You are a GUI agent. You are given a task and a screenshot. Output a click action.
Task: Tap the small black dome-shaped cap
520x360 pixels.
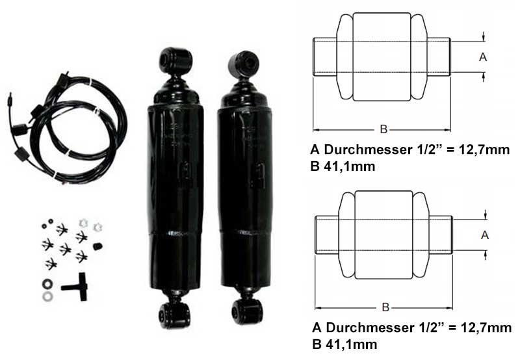(97, 246)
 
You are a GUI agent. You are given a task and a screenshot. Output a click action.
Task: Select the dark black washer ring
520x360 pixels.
(47, 284)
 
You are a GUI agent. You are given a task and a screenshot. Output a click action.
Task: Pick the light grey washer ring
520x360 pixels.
(47, 296)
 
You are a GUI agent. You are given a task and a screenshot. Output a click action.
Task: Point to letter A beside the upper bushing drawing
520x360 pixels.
(483, 57)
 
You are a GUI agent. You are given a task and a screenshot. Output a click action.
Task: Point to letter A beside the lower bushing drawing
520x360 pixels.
(485, 235)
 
